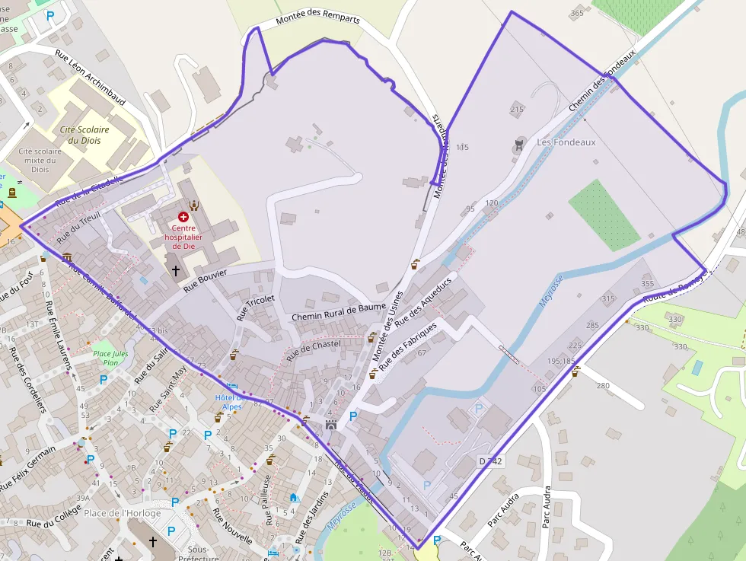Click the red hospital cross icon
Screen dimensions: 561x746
tap(183, 217)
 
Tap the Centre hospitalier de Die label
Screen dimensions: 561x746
tap(183, 237)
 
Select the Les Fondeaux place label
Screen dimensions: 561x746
tap(566, 142)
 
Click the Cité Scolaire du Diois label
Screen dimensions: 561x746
tap(84, 135)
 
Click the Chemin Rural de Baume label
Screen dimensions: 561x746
tap(339, 311)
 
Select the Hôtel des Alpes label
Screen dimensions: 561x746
tap(228, 402)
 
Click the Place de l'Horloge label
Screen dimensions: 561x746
tap(122, 513)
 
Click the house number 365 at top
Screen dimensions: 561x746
tap(577, 13)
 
